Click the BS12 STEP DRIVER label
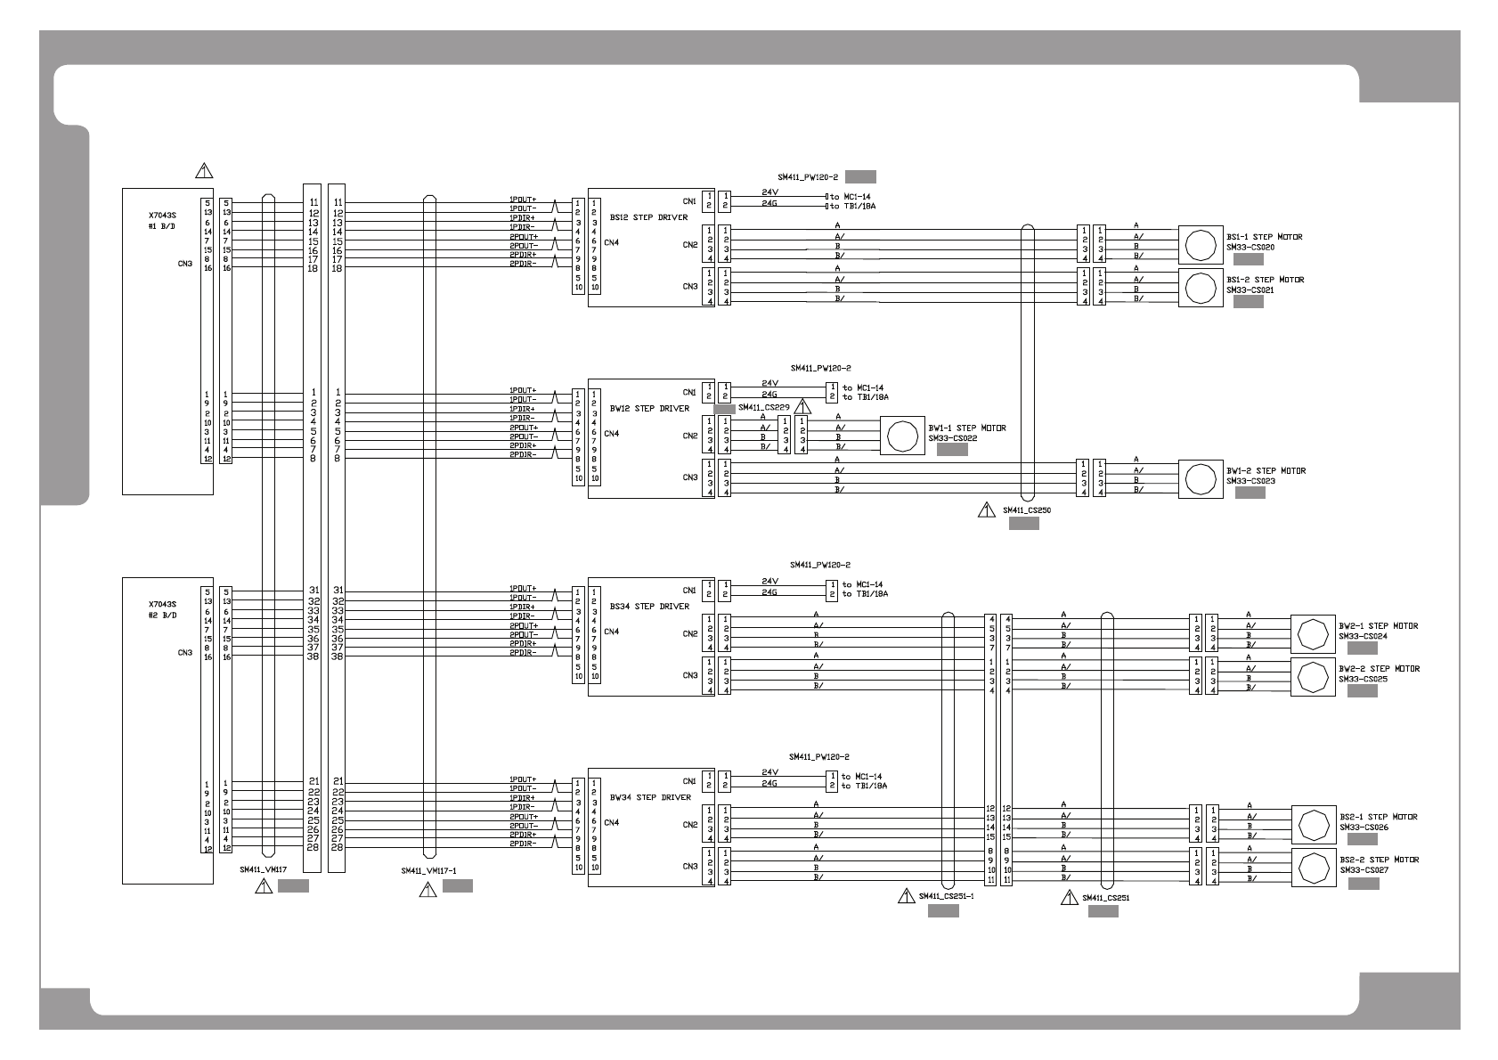click(648, 217)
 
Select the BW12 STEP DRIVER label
click(648, 409)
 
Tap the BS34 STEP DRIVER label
click(648, 607)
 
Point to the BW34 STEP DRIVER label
click(648, 797)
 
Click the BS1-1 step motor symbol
click(1201, 243)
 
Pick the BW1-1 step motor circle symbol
click(902, 436)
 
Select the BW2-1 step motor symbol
click(1313, 634)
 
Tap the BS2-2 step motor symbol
click(1313, 868)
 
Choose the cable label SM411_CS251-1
click(946, 897)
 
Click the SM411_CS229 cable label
click(764, 406)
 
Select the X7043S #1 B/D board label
click(162, 221)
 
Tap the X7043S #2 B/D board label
click(162, 609)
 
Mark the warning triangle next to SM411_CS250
click(986, 510)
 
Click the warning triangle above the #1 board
click(204, 169)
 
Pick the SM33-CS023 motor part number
click(1250, 481)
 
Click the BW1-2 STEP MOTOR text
click(1266, 470)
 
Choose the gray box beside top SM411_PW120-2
click(860, 176)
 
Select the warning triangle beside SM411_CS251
click(1069, 898)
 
